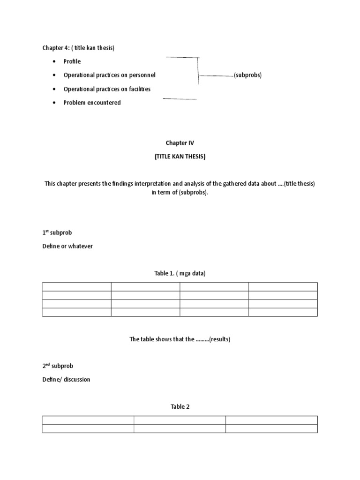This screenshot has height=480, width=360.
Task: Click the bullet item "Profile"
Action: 72,61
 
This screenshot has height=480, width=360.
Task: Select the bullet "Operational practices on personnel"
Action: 109,75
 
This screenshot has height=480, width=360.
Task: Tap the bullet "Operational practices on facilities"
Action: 107,89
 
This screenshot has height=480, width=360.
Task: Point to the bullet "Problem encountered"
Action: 92,103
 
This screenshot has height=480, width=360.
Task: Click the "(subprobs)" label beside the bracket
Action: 247,75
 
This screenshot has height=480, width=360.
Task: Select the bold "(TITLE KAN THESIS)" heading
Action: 180,157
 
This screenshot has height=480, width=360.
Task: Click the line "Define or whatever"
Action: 67,246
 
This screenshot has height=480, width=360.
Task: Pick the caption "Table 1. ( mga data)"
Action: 180,274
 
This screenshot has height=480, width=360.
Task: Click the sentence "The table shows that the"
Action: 162,339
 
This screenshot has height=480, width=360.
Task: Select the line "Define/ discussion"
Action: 66,379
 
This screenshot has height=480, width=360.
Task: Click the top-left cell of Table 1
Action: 77,286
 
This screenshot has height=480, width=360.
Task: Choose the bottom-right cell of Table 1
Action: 283,312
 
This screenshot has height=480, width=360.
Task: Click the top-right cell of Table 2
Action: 271,420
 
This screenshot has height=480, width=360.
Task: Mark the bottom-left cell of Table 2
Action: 88,428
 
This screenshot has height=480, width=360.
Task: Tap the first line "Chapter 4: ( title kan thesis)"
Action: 78,48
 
